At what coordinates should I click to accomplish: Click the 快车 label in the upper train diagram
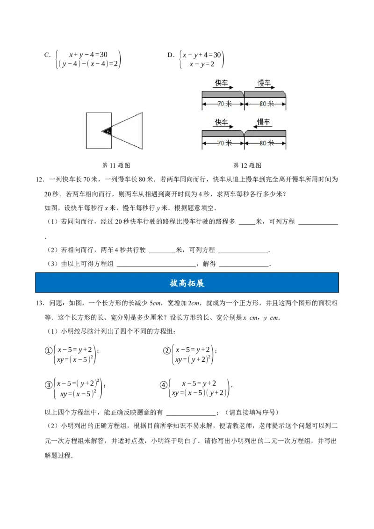click(222, 83)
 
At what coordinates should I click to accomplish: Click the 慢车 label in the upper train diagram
click(265, 83)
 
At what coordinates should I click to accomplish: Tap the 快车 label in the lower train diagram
click(222, 122)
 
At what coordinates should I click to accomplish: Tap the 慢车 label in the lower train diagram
click(265, 122)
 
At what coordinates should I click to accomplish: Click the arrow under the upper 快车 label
click(223, 87)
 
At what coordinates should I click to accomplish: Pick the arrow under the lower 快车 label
click(223, 127)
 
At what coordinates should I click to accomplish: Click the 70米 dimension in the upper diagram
click(223, 104)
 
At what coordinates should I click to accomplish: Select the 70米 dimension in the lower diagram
click(223, 143)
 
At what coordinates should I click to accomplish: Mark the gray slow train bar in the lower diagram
click(265, 134)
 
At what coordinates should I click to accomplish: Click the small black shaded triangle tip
click(107, 131)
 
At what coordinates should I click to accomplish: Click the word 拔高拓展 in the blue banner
click(187, 283)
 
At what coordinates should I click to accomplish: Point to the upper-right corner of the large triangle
click(142, 112)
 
